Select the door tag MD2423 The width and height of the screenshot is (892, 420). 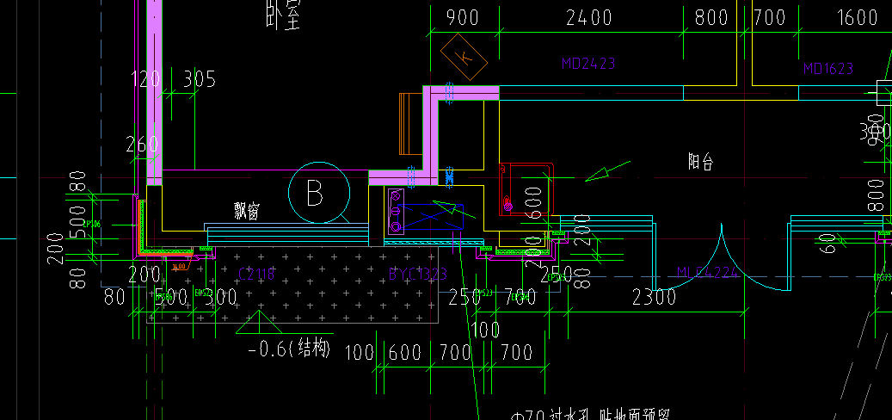coord(588,64)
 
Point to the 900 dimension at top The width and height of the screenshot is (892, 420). coord(463,18)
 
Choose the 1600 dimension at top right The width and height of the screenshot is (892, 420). coord(856,18)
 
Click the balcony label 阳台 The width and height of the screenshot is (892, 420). coord(701,161)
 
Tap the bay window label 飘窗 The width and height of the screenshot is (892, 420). coord(247,211)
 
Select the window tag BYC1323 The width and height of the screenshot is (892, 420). coord(417,275)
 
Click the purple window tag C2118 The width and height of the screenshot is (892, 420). coord(255,274)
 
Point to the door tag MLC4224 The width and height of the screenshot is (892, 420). coord(709,273)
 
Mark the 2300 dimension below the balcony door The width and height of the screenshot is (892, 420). coord(654,298)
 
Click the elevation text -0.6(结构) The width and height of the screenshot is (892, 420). coord(288,349)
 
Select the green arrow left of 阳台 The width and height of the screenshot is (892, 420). coord(607,172)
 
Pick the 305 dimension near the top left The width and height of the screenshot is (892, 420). coord(199,80)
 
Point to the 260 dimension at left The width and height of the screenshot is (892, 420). coord(142,144)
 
